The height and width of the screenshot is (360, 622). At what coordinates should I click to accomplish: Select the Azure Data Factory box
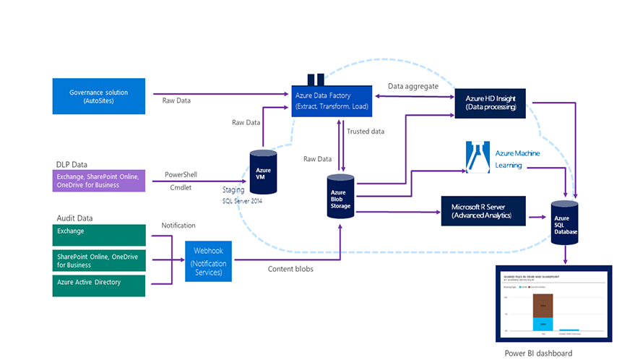(x=332, y=100)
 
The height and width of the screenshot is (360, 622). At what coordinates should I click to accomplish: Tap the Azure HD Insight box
(x=490, y=102)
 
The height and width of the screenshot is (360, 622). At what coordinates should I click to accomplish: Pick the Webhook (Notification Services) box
(x=209, y=261)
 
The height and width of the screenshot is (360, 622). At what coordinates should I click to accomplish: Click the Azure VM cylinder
(x=264, y=172)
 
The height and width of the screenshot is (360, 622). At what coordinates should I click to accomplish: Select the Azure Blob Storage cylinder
(x=341, y=195)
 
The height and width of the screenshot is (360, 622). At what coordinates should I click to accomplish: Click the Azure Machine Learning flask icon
(x=478, y=158)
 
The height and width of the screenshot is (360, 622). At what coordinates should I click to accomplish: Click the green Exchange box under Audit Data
(x=99, y=234)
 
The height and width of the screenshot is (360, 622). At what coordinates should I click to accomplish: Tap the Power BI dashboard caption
(x=538, y=353)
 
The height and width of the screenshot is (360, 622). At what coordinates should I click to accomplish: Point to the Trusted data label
(x=366, y=132)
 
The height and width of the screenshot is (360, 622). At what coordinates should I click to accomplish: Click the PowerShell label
(x=181, y=174)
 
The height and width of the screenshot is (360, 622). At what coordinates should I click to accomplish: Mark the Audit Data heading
(x=75, y=218)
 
